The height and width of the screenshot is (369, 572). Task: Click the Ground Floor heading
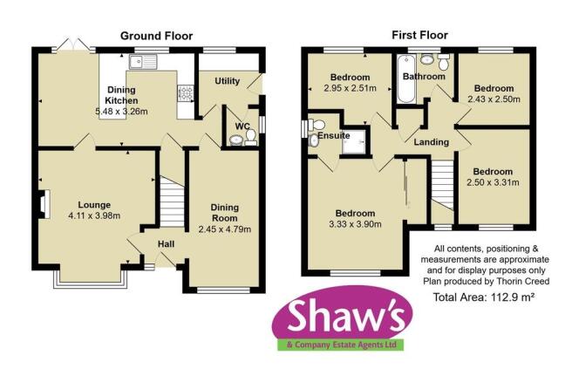152,36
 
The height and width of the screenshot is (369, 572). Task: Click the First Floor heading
419,36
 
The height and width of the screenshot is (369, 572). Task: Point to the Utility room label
227,80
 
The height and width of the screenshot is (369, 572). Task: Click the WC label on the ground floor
242,126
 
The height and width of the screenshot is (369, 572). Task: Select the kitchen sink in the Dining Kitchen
142,61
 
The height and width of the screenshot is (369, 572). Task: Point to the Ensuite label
334,136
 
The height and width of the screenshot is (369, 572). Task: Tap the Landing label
432,142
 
